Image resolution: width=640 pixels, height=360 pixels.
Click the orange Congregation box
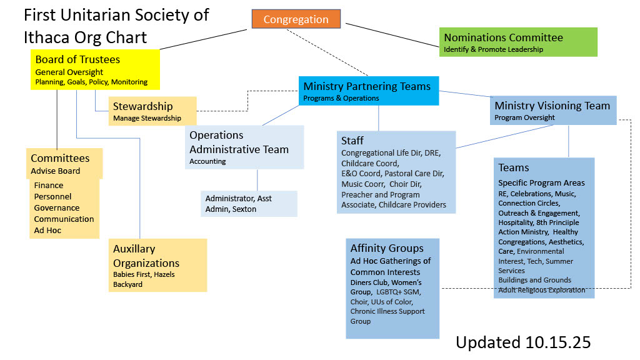coord(296,19)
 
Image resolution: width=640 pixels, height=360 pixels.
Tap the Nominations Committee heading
coord(503,37)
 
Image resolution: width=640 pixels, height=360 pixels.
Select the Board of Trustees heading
coord(77,59)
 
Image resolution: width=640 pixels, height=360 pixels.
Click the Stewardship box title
coord(142,106)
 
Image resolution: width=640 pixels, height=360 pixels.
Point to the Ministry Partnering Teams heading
coord(367,86)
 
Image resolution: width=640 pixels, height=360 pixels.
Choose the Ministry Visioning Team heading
coord(552,106)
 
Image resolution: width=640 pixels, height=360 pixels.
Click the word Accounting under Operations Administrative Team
coord(207,161)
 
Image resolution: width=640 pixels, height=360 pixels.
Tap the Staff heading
coord(352,141)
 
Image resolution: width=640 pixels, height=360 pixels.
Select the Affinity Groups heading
coord(387,248)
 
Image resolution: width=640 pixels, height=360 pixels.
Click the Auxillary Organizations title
coord(146,256)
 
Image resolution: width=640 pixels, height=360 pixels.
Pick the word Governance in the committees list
coord(57,207)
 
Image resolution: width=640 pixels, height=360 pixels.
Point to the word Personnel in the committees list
coord(54,196)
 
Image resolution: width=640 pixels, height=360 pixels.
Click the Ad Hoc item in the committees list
coord(47,230)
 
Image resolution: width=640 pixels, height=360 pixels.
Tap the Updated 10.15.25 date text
coord(522,342)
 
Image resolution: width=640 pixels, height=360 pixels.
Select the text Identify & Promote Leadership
coord(493,49)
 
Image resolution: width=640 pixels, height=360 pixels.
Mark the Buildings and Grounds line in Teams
coord(534,280)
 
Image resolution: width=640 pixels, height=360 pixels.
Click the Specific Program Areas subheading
coord(541,183)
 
